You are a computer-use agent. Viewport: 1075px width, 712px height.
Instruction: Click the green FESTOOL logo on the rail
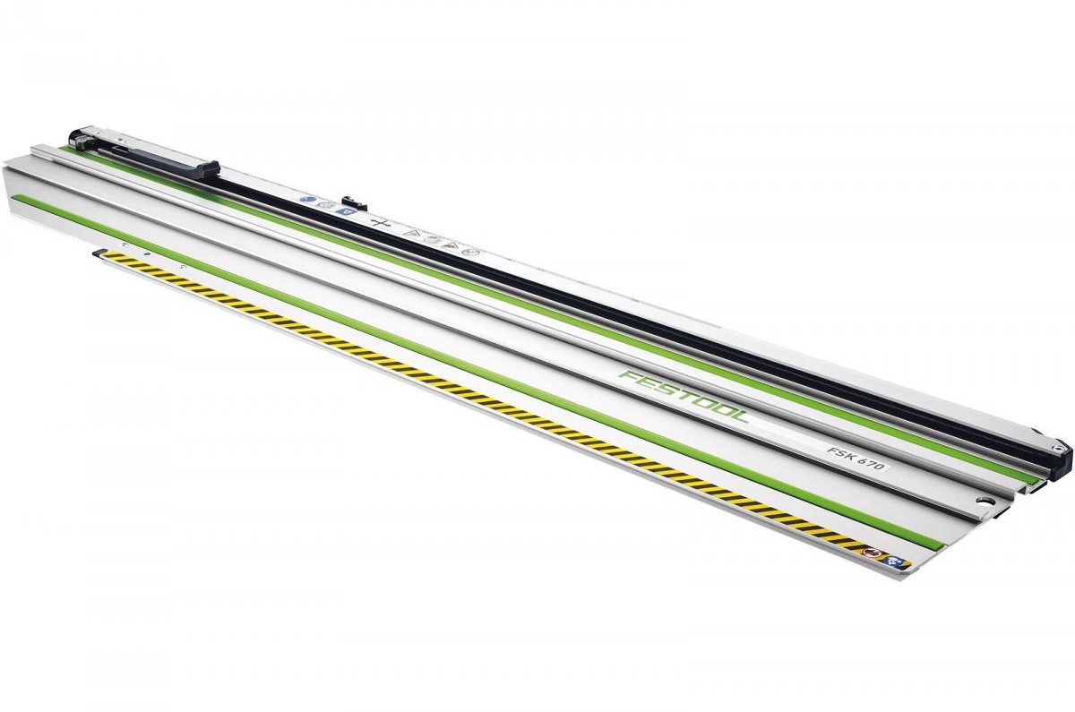coord(684,396)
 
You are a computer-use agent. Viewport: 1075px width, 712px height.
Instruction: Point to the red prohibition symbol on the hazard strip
coord(870,553)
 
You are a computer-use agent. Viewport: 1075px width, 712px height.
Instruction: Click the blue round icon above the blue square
coord(305,199)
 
